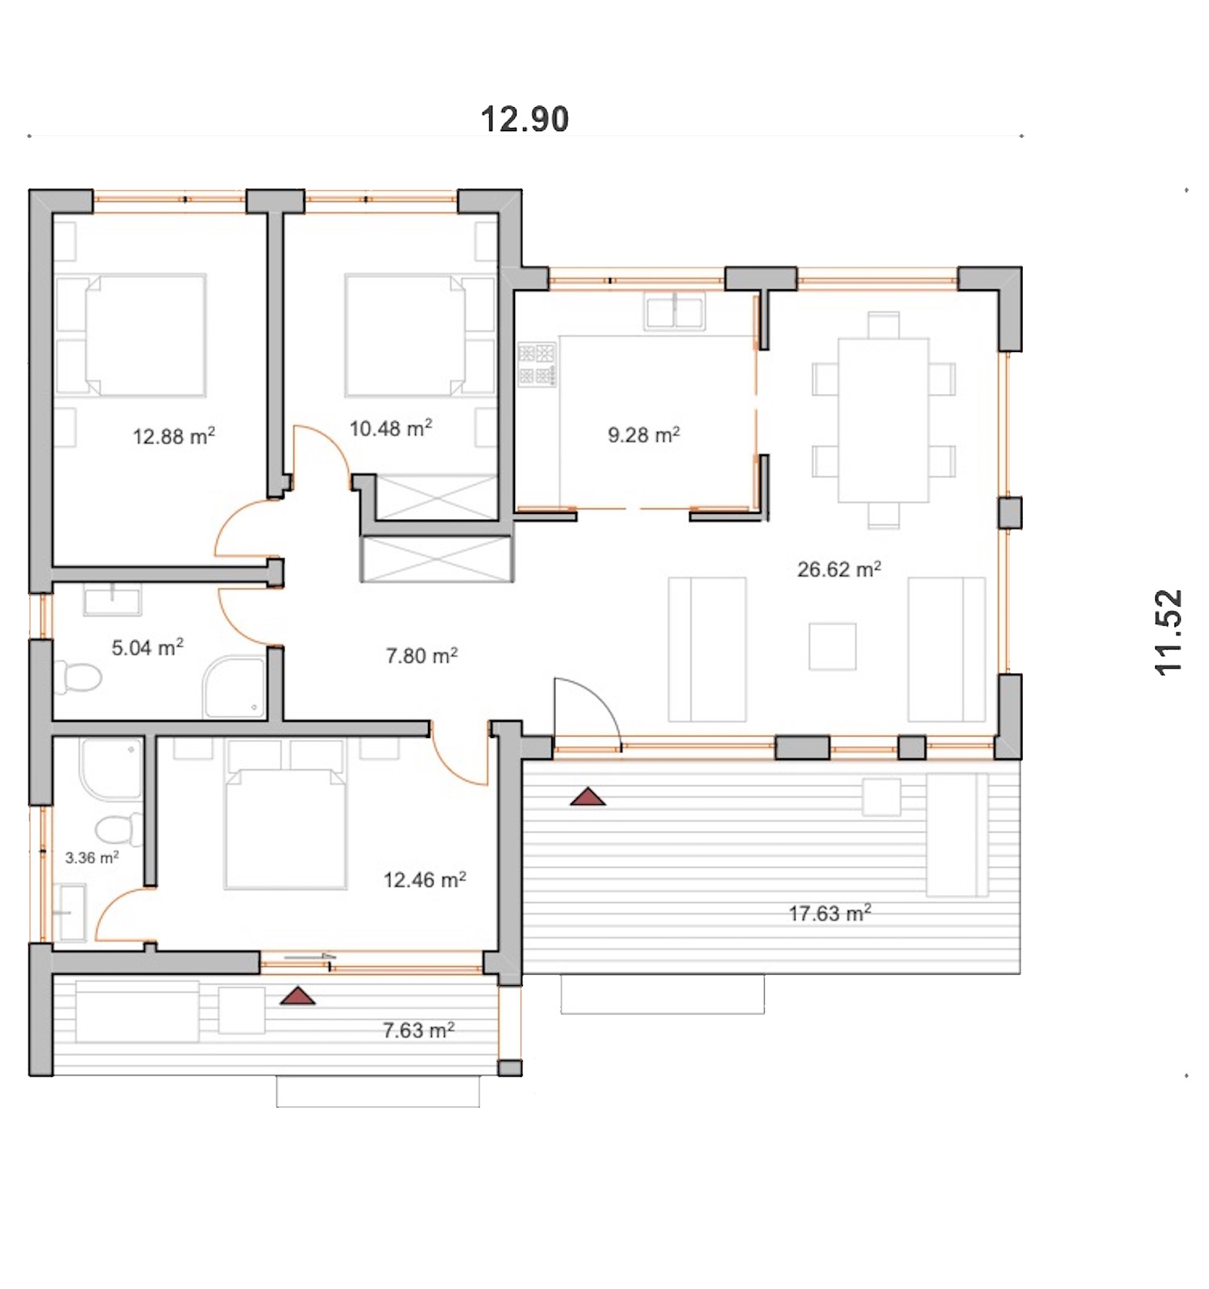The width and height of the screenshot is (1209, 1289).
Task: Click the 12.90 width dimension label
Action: (525, 119)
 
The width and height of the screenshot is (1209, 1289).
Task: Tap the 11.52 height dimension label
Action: (1168, 632)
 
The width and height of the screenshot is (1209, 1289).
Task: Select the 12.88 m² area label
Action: (174, 436)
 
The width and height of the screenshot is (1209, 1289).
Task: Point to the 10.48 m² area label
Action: (391, 428)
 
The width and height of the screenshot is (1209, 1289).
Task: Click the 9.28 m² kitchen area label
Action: (644, 434)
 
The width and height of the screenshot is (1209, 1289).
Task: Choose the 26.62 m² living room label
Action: (839, 569)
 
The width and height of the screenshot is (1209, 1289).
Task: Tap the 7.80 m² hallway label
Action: (422, 655)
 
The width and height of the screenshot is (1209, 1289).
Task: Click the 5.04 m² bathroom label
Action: (147, 647)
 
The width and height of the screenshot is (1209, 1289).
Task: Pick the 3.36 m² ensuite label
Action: (92, 857)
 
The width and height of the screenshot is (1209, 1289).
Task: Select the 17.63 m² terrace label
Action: (830, 913)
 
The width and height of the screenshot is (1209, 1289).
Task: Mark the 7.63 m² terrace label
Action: (418, 1030)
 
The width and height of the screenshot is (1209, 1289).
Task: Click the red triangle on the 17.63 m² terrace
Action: (588, 797)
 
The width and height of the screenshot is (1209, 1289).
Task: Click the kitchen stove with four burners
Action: (537, 364)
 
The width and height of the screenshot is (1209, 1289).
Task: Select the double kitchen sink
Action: (675, 311)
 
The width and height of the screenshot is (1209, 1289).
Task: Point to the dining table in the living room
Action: (883, 420)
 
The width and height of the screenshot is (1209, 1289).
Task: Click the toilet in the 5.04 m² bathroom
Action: (77, 678)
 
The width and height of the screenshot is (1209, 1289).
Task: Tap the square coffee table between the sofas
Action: (833, 646)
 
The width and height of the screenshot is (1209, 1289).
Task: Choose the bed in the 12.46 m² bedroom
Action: (285, 828)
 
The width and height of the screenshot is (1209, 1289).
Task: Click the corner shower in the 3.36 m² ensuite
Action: (111, 769)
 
